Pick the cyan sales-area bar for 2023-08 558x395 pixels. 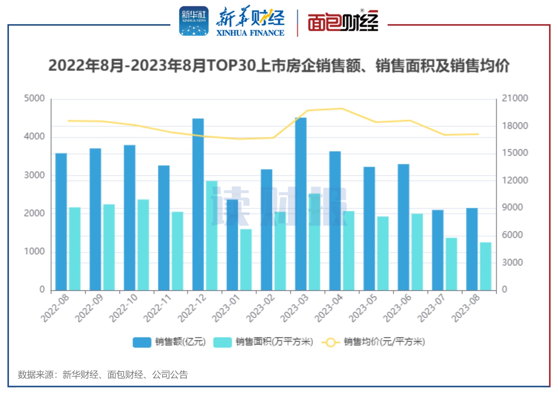pos(485,266)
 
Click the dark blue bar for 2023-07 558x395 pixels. pos(437,250)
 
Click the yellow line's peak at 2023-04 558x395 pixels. pos(342,109)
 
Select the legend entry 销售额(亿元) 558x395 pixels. pos(169,342)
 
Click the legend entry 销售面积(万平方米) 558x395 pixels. pos(263,342)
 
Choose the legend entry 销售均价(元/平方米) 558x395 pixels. pos(373,342)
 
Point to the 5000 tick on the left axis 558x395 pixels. pos(34,98)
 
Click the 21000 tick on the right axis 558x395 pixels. pos(515,98)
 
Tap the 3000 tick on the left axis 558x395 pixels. pos(34,175)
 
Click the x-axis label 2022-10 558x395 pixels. pos(124,308)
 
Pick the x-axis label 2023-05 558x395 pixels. pos(363,308)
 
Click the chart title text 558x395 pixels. pos(279,66)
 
